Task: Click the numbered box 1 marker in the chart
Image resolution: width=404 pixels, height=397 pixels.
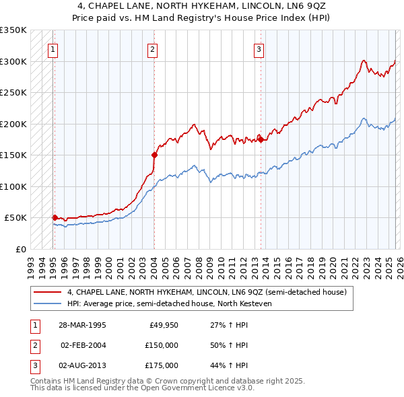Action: coord(53,48)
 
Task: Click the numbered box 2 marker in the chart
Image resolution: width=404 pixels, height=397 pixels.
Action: coord(153,48)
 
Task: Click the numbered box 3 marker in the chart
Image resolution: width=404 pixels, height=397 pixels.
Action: coord(259,48)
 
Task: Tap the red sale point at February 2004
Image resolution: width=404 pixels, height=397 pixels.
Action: coord(154,155)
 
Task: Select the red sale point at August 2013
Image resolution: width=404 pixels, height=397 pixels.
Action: coord(260,139)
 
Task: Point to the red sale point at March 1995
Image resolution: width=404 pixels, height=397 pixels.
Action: coord(55,217)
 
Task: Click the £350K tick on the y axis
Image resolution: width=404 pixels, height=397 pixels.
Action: coord(13,30)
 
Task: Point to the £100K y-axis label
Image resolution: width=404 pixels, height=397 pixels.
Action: coord(13,186)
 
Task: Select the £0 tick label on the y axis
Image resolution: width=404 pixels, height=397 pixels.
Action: coord(20,249)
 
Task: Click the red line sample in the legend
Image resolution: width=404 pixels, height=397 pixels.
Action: coord(47,293)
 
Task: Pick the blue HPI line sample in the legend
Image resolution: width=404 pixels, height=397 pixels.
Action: coord(47,304)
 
